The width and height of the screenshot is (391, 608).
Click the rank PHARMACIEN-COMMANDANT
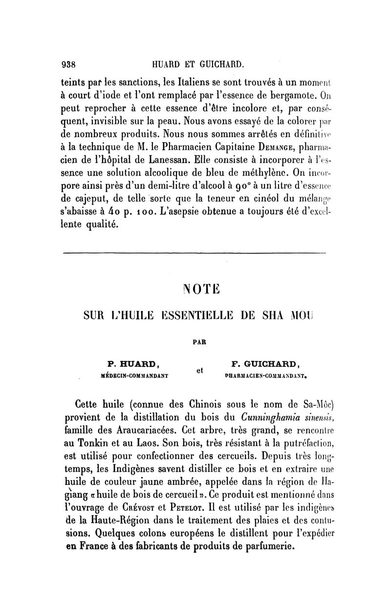pyautogui.click(x=265, y=376)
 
